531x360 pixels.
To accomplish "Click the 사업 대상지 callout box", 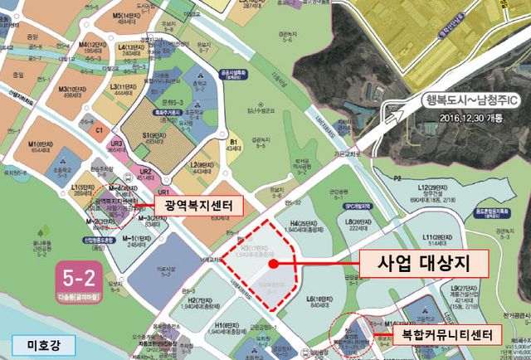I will click(x=422, y=265).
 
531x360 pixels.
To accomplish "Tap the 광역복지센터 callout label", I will click(x=193, y=204).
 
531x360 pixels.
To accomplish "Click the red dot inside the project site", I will click(x=272, y=265).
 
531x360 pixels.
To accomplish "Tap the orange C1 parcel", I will click(x=99, y=130).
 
